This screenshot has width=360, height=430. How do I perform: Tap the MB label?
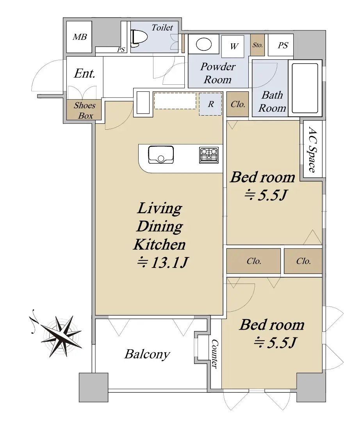80,37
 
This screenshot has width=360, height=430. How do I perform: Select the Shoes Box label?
85,110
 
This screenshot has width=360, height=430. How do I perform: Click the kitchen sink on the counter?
161,154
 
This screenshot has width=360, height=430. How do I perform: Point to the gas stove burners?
209,155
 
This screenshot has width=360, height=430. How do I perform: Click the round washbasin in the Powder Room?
204,44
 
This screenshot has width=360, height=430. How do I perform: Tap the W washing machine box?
233,46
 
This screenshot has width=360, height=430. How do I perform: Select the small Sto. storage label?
257,45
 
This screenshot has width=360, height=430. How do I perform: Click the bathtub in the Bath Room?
305,88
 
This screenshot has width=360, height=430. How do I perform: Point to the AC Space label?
312,150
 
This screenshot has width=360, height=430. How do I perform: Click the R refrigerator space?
210,104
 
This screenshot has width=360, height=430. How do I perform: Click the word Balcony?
147,354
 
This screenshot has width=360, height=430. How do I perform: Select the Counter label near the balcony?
215,353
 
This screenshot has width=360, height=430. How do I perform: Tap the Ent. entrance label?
85,73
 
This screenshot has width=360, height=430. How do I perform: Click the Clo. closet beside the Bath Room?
238,104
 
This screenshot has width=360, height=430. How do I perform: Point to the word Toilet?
162,27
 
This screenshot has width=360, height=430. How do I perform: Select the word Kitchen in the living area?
160,244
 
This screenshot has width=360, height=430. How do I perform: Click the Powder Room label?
218,73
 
